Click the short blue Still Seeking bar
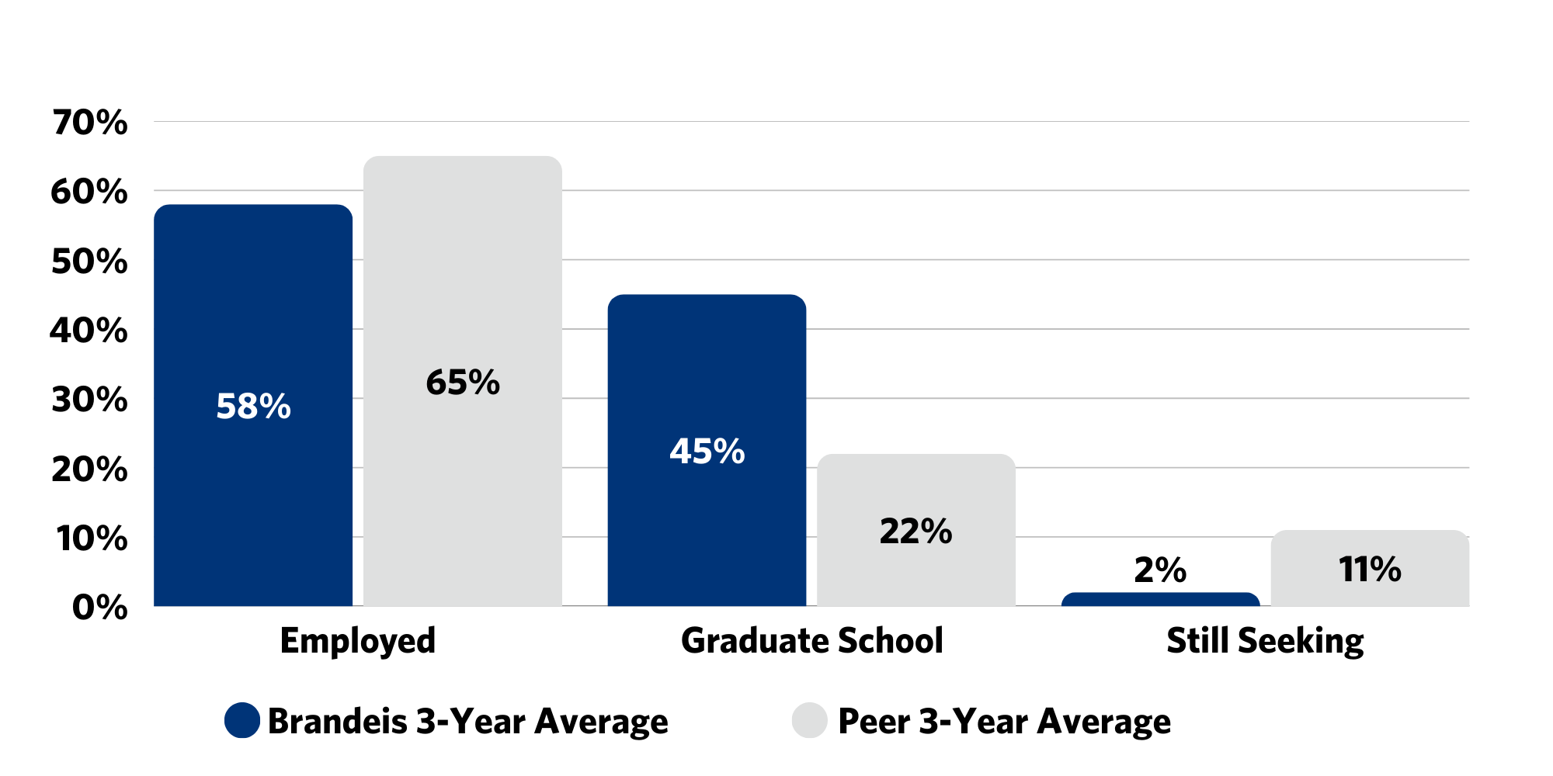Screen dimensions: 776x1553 [1160, 599]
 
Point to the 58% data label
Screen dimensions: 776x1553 [253, 407]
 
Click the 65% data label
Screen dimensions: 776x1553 [463, 383]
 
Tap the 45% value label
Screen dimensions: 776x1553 [707, 452]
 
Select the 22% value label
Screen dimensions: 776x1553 [916, 532]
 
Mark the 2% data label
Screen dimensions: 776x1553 [1160, 570]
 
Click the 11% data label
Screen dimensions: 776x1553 [1370, 570]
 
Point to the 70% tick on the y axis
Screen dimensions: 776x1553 [90, 123]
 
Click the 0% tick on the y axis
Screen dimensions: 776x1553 [99, 608]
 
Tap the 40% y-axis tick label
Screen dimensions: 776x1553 [89, 331]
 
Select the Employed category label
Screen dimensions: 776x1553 [358, 641]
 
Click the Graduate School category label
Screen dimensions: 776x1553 [812, 641]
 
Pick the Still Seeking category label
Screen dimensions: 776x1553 [1265, 641]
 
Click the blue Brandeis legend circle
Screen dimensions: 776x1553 [242, 721]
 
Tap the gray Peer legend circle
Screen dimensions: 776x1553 [810, 721]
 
